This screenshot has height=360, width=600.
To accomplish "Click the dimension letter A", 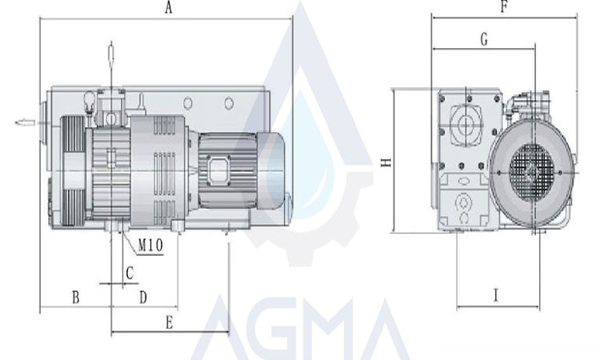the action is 168,8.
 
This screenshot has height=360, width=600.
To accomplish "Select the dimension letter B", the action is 76,297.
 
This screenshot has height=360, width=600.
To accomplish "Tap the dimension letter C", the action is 130,273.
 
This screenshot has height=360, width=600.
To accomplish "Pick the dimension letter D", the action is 143,297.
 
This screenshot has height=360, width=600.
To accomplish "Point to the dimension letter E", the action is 169,322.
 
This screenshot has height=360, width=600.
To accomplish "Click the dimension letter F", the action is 504,6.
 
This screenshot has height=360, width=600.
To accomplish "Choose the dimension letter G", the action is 484,39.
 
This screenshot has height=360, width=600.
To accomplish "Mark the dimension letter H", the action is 387,162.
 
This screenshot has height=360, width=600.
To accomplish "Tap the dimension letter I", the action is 496,295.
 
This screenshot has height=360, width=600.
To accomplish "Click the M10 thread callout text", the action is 150,246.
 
